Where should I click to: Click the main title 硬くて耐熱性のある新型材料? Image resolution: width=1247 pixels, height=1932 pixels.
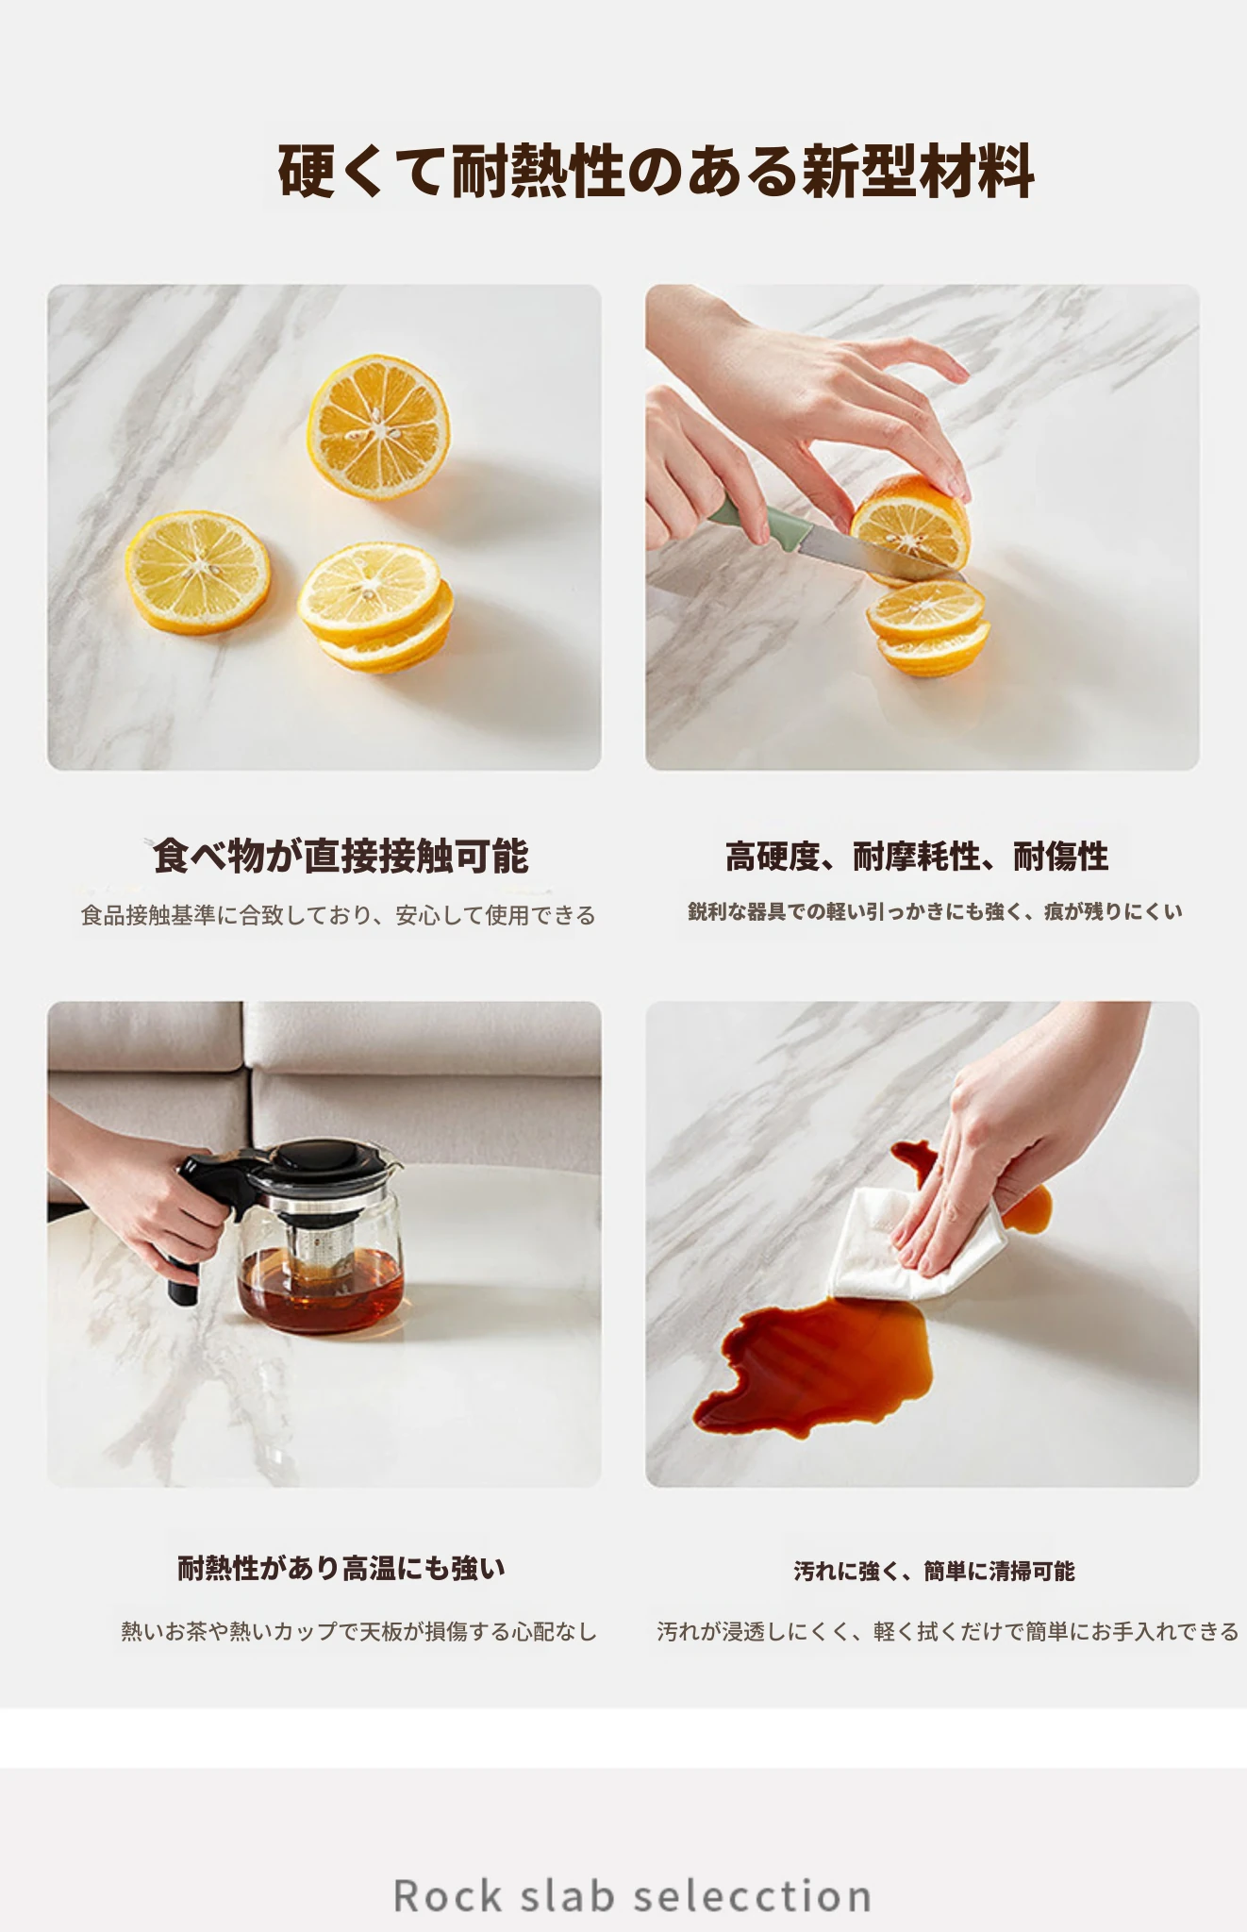pyautogui.click(x=657, y=172)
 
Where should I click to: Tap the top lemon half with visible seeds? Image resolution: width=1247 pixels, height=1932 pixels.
pyautogui.click(x=378, y=426)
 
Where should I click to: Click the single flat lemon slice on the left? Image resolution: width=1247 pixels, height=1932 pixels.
pyautogui.click(x=198, y=573)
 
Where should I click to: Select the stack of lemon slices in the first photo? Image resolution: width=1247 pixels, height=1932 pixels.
pyautogui.click(x=375, y=607)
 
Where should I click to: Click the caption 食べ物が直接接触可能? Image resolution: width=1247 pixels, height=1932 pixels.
pyautogui.click(x=341, y=856)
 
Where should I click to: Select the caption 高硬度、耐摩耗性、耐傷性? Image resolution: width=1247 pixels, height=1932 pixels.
pyautogui.click(x=917, y=857)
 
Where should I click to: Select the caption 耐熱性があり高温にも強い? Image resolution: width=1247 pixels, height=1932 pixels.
pyautogui.click(x=341, y=1569)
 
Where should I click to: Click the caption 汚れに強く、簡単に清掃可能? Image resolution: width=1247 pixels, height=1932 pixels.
pyautogui.click(x=934, y=1571)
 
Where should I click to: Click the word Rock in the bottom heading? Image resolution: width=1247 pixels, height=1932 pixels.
pyautogui.click(x=448, y=1896)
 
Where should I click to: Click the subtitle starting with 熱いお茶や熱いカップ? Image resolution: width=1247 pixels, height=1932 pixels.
pyautogui.click(x=359, y=1631)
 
